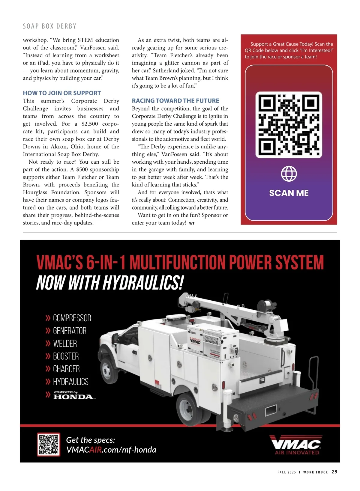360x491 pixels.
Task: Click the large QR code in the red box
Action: [x=289, y=125]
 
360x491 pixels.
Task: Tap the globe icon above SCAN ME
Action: [x=289, y=174]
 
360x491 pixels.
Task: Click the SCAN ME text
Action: [x=289, y=193]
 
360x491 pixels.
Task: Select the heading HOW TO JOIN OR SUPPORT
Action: [x=62, y=93]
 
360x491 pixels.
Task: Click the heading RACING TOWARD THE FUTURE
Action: [x=175, y=101]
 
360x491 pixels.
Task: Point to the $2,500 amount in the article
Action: [x=89, y=124]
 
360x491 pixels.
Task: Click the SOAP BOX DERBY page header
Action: [x=49, y=26]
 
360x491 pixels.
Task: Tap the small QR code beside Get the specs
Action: [x=49, y=444]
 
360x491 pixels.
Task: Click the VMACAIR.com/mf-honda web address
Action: [x=111, y=450]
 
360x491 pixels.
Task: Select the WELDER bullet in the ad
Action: [x=65, y=344]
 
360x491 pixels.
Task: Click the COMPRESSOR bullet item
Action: [x=72, y=318]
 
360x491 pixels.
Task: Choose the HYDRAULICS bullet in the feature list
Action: [x=71, y=382]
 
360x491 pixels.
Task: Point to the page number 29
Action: [x=334, y=472]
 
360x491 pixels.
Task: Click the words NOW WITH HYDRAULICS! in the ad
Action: [x=109, y=283]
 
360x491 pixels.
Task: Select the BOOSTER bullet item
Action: [x=66, y=356]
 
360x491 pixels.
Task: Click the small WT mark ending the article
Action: [x=192, y=223]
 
